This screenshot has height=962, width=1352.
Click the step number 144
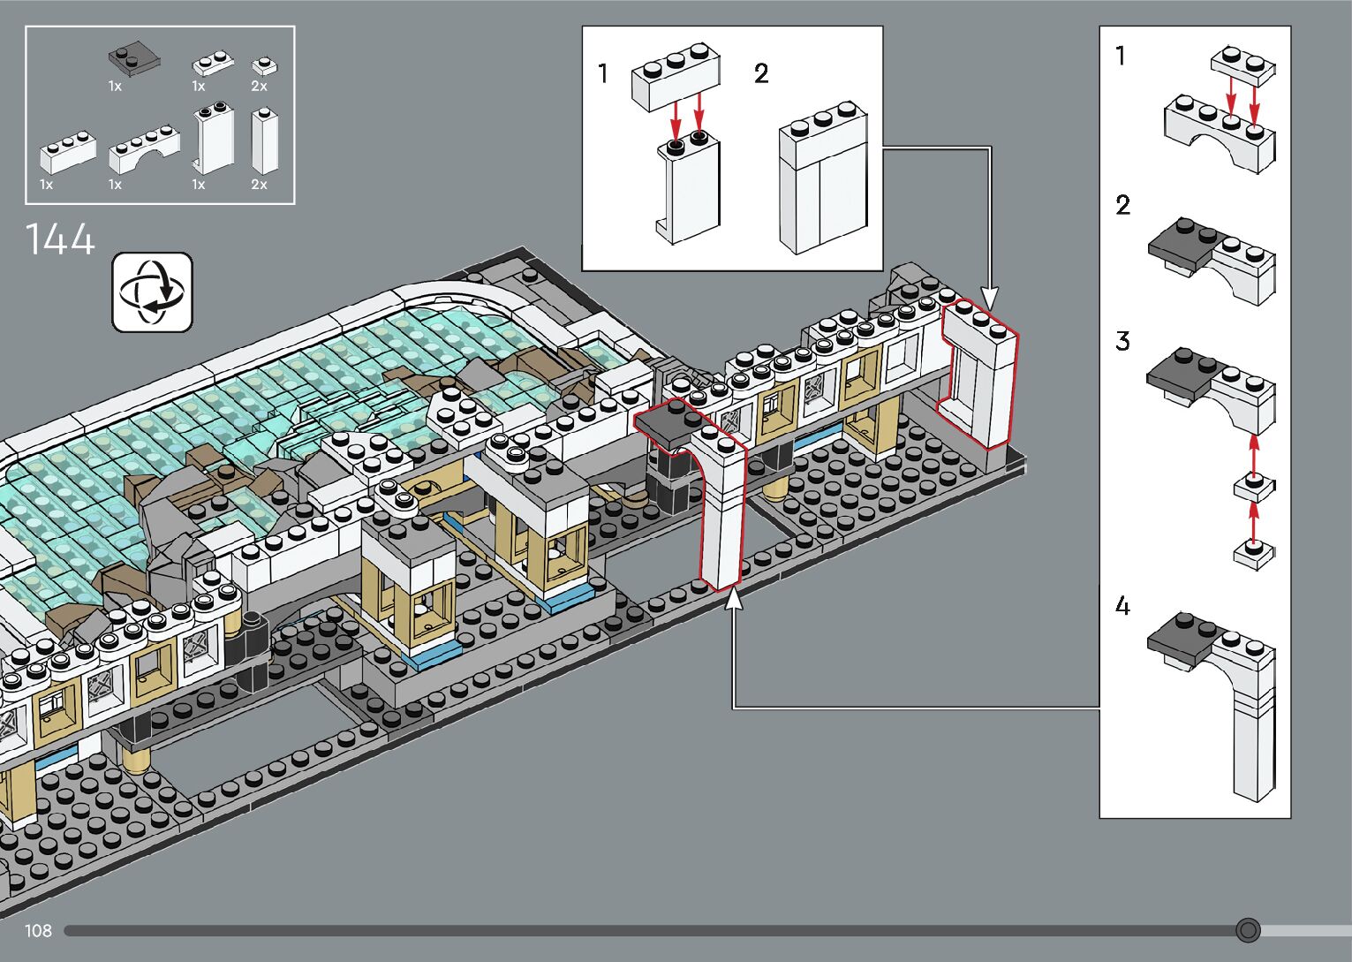pos(60,239)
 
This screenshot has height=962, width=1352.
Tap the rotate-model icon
pos(152,292)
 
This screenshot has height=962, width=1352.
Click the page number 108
pos(38,930)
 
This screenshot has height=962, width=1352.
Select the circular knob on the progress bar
pos(1248,930)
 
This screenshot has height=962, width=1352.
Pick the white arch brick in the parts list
pos(144,149)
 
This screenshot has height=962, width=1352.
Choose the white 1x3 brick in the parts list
pos(68,152)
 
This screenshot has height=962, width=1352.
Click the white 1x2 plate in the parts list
pos(213,64)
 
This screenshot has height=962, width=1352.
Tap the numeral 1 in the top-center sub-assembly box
pos(602,73)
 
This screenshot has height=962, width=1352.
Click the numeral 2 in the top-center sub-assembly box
pos(761,73)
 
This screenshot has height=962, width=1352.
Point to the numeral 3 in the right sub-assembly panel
pos(1122,341)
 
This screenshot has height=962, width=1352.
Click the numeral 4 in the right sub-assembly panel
pos(1122,605)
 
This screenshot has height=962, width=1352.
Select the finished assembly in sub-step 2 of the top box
pos(823,178)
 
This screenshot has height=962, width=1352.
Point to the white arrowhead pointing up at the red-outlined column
pos(733,601)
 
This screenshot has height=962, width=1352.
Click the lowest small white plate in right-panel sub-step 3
pos(1254,555)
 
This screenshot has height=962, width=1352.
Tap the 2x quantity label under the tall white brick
pos(259,185)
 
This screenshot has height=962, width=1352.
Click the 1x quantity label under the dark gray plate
pos(116,87)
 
